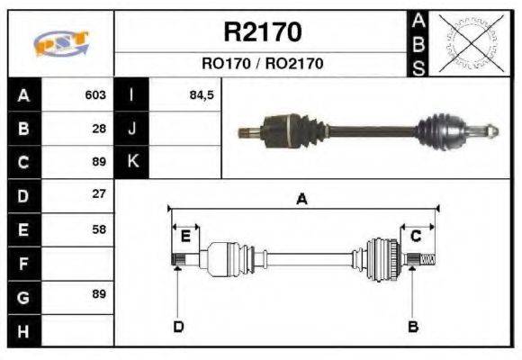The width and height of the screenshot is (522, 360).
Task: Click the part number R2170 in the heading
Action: tap(262, 33)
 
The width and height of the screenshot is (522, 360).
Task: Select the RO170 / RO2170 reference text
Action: tap(262, 64)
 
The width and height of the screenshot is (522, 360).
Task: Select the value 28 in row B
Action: tap(99, 129)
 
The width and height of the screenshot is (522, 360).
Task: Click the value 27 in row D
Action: tap(99, 194)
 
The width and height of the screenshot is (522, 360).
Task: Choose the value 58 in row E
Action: tap(99, 229)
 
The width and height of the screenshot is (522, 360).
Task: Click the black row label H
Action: tap(22, 331)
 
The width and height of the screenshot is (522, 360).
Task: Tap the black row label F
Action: tap(22, 264)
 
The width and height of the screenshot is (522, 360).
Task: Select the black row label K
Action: tap(131, 162)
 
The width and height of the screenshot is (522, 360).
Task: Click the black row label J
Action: tap(131, 129)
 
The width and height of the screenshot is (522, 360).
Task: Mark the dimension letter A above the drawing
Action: tap(301, 200)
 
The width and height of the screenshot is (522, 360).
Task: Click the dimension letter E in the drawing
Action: tap(184, 237)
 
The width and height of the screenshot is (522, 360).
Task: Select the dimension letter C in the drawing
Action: tap(416, 237)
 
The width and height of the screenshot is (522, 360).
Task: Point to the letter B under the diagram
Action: tap(412, 326)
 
